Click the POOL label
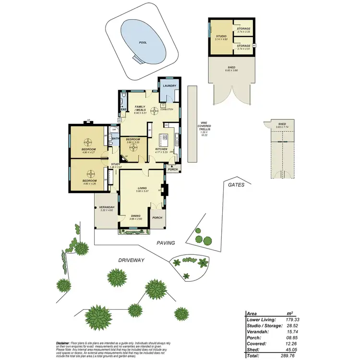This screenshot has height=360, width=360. (143, 42)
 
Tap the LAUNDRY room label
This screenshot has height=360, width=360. (169, 86)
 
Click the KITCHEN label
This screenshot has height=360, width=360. (161, 149)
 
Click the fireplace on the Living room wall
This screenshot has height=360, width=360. (166, 190)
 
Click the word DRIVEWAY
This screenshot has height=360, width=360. (132, 260)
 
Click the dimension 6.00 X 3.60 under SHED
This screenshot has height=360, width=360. (232, 71)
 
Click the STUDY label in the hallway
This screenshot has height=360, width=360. (115, 164)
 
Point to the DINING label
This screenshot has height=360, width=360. (136, 216)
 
